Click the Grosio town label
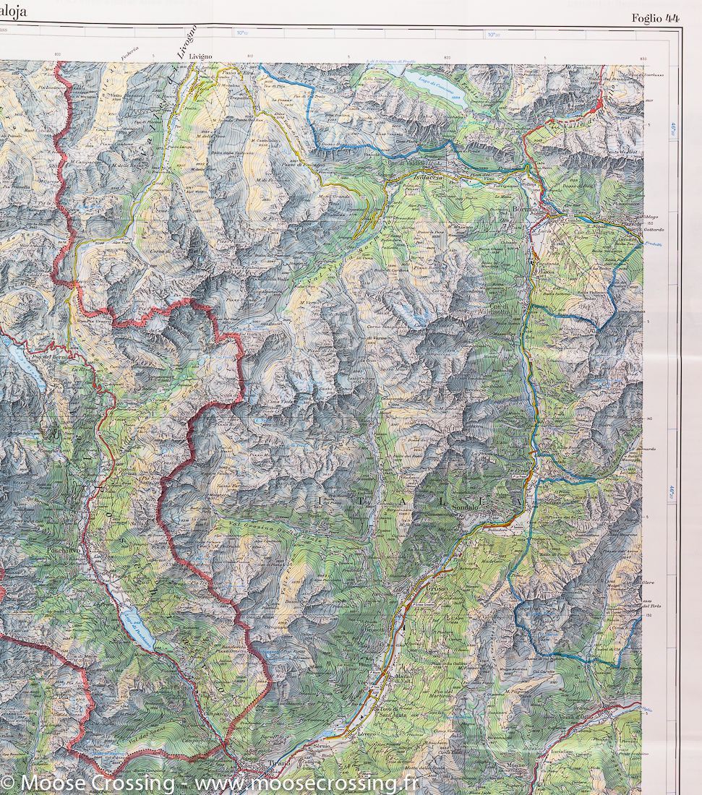pos(437,590)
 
